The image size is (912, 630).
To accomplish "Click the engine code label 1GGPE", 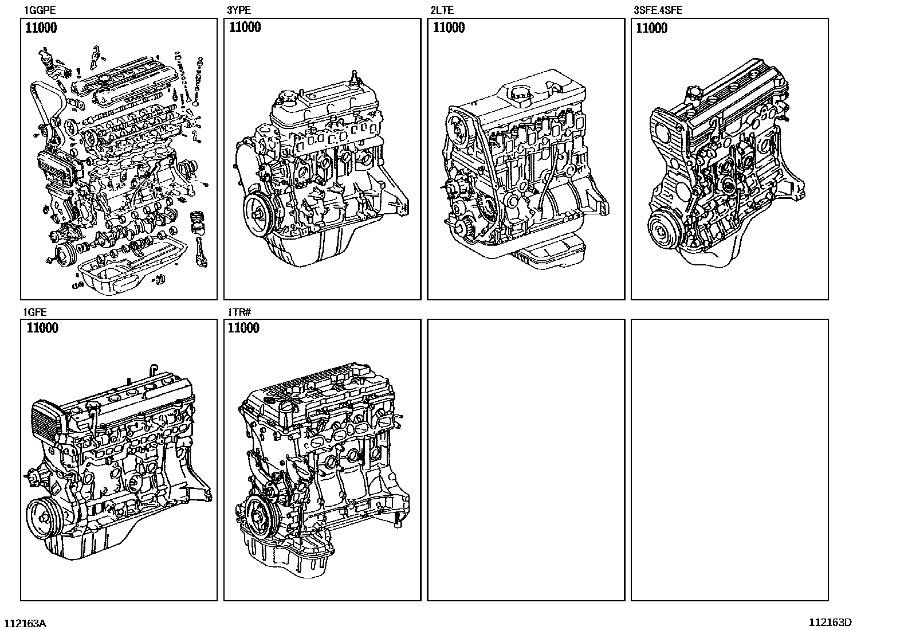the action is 40,10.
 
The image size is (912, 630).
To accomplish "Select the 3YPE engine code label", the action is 239,10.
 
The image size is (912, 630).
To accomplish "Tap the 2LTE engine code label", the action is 442,10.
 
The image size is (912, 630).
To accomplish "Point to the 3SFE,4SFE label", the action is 658,10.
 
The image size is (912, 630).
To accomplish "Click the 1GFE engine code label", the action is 35,312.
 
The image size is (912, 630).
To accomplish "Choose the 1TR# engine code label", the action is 239,312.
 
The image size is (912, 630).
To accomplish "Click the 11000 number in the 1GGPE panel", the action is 41,28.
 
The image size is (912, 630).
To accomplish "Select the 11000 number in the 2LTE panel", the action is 449,28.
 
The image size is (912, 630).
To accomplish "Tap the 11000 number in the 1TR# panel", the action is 243,328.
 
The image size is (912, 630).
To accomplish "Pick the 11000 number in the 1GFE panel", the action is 42,328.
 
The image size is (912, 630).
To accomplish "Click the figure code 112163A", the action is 25,623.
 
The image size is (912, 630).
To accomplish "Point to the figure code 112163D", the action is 830,622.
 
